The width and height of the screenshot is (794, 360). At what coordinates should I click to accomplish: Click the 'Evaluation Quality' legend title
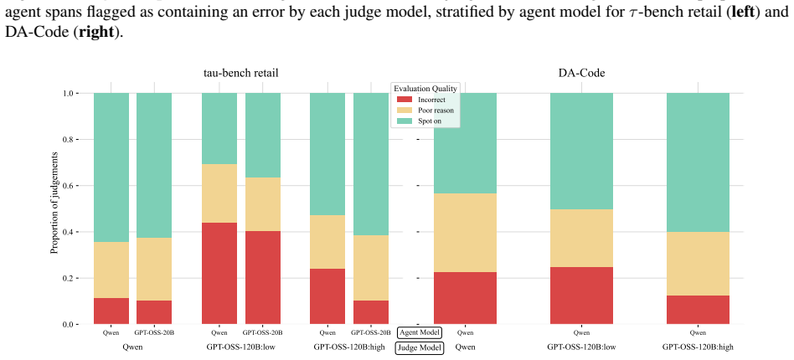425,89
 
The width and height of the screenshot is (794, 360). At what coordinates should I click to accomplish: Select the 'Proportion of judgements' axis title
54,209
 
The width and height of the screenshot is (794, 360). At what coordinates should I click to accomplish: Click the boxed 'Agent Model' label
420,332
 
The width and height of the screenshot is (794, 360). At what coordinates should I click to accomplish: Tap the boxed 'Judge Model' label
420,347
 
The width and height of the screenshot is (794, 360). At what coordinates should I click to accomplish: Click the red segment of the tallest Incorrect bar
219,274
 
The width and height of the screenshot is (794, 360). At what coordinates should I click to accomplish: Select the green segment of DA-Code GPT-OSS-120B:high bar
698,162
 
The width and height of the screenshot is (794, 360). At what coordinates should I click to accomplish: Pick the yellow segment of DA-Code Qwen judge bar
465,233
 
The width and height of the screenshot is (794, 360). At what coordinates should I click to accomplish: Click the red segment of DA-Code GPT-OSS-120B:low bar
581,296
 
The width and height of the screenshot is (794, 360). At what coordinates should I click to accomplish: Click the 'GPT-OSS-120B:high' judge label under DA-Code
698,347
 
